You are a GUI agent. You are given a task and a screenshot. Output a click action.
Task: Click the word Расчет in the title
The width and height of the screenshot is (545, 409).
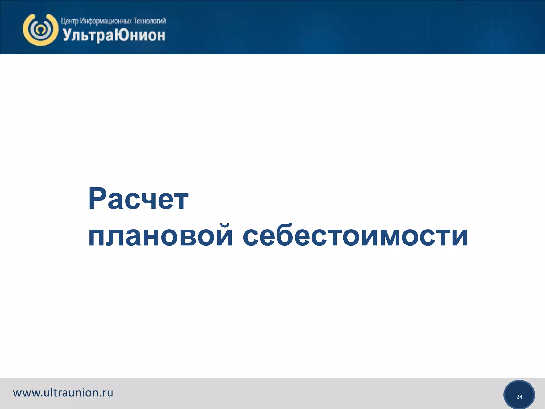click(x=138, y=199)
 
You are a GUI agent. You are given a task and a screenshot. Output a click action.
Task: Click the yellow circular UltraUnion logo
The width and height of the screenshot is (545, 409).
click(x=40, y=30)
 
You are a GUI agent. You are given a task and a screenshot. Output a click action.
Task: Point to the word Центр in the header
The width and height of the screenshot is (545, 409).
click(x=70, y=21)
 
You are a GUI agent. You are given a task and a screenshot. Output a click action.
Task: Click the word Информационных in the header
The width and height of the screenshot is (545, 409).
click(x=106, y=21)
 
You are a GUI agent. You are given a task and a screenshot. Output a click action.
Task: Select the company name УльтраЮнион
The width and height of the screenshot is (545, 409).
click(x=114, y=35)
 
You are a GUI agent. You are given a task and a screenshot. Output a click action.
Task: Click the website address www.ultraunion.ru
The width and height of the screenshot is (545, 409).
click(x=63, y=393)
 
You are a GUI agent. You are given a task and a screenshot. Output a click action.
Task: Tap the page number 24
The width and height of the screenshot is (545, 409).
click(x=519, y=397)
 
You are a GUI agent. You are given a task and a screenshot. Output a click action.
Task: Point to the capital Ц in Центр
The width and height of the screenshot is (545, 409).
click(x=64, y=21)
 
